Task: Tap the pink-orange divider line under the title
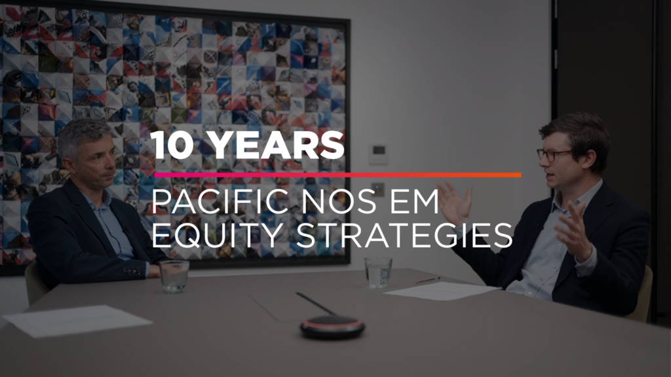click(337, 175)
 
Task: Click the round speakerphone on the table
click(332, 327)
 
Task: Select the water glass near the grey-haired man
click(174, 277)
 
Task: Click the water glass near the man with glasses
click(378, 272)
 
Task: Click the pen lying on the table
click(427, 280)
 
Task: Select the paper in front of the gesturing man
click(442, 291)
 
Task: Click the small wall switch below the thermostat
click(377, 188)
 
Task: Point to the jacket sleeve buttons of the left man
click(131, 270)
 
